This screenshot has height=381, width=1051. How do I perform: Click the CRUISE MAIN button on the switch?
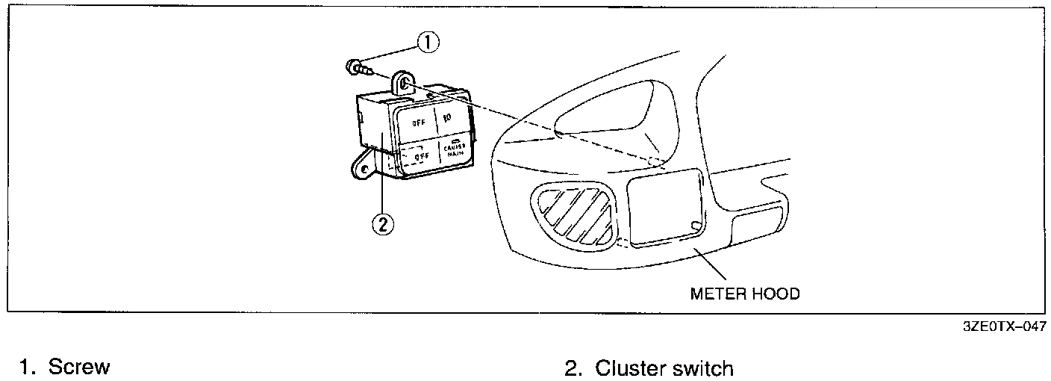(453, 152)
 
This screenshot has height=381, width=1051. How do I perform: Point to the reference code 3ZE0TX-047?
(1003, 326)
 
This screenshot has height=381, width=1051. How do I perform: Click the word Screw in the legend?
(79, 368)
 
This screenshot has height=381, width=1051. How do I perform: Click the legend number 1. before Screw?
(28, 368)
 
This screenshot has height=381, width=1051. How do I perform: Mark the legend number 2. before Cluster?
(573, 368)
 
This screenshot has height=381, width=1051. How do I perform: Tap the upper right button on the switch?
(449, 118)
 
